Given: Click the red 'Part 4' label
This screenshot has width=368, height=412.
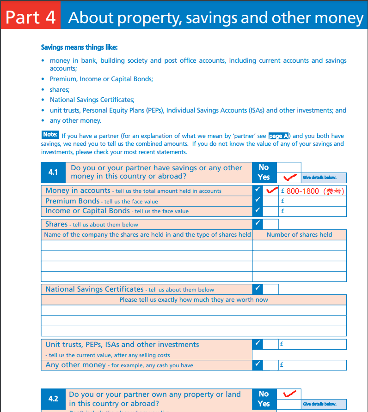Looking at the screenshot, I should point(31,18).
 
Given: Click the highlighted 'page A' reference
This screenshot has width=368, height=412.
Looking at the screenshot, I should point(279,136).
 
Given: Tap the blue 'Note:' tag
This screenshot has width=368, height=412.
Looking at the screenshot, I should point(50,135).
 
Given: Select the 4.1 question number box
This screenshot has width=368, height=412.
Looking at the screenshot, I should point(53,172).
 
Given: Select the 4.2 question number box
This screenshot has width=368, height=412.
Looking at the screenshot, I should point(53,399).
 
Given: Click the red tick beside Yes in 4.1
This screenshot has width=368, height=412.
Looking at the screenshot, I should point(289,178).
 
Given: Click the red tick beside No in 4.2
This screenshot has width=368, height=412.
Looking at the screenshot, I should point(289,394).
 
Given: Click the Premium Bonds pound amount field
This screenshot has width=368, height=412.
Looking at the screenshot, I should point(313,201).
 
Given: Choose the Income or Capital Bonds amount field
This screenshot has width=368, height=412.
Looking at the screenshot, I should point(313,211).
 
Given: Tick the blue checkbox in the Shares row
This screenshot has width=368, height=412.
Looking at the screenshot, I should point(258,224).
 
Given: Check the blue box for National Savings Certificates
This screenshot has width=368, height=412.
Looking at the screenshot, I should point(258,289).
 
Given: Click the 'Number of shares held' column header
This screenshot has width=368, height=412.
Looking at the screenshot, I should point(299,234).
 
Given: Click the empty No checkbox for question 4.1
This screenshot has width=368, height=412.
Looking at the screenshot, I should point(289,167).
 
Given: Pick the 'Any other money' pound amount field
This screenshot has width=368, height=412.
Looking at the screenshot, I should point(313,365).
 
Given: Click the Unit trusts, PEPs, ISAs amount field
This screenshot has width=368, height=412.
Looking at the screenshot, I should point(313,344).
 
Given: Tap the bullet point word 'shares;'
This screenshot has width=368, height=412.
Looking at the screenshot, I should point(60,90).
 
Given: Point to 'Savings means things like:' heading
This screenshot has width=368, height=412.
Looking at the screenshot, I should point(80,47).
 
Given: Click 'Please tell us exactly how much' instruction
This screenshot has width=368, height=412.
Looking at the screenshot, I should point(193,299).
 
